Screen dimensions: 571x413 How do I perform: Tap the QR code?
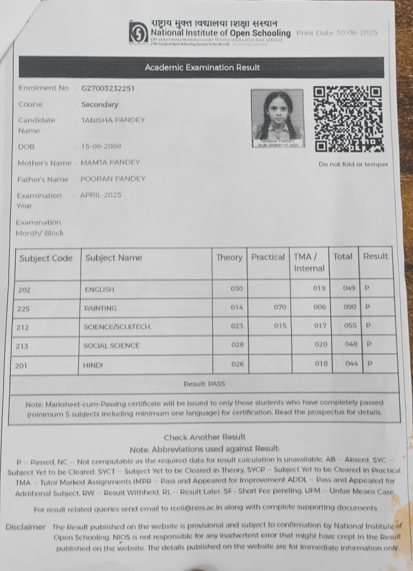pos(348,119)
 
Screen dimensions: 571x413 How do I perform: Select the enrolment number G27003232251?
pos(108,89)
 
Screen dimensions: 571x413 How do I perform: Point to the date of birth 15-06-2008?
pos(101,146)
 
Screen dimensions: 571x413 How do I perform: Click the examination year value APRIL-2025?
pos(101,195)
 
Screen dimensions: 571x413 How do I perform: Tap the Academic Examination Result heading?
pos(202,67)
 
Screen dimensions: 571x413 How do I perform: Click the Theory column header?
pos(229,257)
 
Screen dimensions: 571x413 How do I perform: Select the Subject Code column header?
pos(46,258)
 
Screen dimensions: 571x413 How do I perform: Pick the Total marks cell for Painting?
pos(349,307)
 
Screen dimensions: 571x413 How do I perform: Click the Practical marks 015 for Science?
pos(280,326)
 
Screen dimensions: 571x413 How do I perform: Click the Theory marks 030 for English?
pos(237,289)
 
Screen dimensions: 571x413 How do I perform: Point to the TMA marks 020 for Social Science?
pos(321,344)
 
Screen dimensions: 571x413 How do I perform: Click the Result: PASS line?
pos(204,384)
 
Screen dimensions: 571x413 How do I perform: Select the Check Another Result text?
pos(205,437)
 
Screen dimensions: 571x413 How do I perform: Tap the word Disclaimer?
pos(26,527)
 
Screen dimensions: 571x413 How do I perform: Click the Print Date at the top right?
pos(337,33)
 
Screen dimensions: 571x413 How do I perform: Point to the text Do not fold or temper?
pos(353,165)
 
